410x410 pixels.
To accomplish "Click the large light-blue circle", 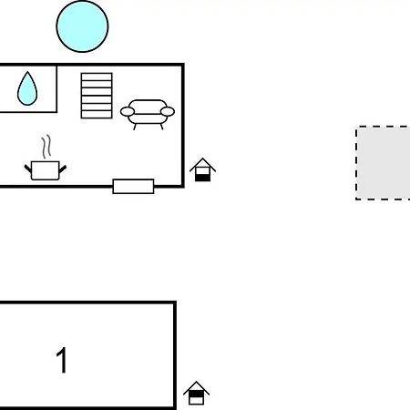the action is [82, 26].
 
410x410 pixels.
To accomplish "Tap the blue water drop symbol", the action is [27, 88].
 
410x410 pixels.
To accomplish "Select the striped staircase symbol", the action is [97, 96].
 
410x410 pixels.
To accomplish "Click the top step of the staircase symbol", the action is [97, 77].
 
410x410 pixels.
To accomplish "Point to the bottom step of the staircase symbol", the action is [97, 115].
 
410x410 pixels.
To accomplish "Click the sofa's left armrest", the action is [128, 111].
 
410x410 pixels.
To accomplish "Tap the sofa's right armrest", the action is [168, 111].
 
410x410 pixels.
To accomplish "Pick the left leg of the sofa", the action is [135, 127].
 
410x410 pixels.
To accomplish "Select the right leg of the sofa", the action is [161, 127].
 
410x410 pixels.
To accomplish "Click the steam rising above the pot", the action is [46, 147].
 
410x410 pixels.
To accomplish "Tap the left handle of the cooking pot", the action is [28, 169].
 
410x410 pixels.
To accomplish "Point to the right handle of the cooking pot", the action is [63, 169].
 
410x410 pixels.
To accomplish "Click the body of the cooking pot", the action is [46, 170].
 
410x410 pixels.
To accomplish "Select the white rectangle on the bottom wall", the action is [133, 186].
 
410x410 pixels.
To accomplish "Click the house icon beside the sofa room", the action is [202, 169].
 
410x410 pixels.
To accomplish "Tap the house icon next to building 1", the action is [196, 393].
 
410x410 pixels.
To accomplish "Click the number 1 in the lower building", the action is [62, 360].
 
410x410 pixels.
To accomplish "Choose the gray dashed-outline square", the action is [383, 163].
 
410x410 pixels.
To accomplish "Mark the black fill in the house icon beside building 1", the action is [196, 394].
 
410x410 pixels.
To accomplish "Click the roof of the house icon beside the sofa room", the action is [202, 164].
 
